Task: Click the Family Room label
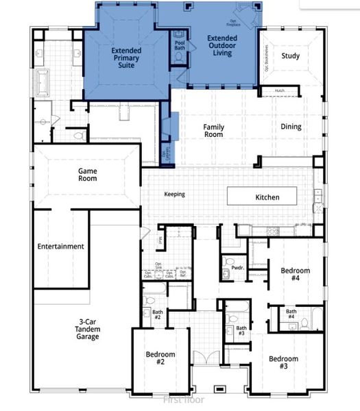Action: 213,131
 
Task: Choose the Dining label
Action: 291,127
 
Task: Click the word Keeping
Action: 174,194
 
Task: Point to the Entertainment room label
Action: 60,247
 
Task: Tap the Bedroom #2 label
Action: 160,358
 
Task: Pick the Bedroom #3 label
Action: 283,363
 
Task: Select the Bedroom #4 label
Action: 295,275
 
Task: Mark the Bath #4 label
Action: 291,314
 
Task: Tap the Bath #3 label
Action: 241,332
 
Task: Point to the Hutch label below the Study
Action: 279,90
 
